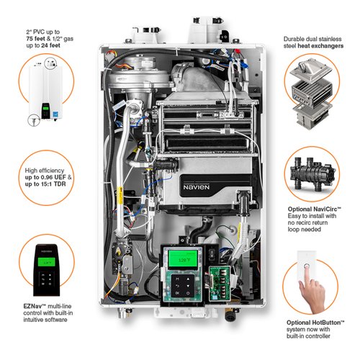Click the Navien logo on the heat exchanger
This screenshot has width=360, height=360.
tap(197, 187)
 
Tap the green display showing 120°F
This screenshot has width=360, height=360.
tap(183, 259)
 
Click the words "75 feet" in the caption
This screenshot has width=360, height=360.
tap(36, 39)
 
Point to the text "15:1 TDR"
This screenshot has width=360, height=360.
tap(53, 184)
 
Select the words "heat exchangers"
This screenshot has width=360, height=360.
tap(320, 46)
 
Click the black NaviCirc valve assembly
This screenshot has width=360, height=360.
tap(312, 172)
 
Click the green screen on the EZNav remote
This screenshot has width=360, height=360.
tap(46, 262)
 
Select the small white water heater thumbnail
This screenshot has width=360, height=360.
tap(46, 92)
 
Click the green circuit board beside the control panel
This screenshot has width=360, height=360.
tap(220, 283)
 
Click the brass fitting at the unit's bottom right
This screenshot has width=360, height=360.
tap(230, 315)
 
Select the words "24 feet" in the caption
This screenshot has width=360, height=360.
tap(50, 45)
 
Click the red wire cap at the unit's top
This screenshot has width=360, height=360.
tap(238, 51)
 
